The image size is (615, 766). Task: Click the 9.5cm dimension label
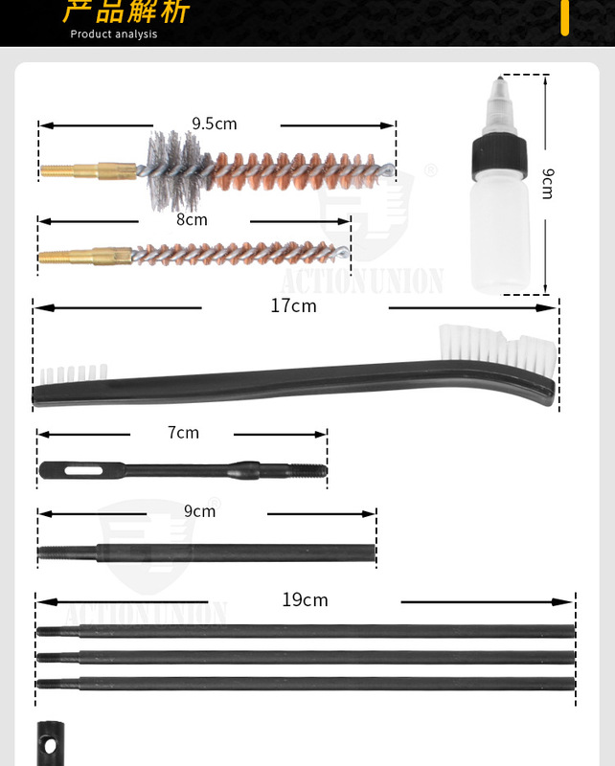click(215, 124)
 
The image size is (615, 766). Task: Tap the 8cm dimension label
click(193, 220)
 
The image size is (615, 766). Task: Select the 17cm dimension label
click(294, 305)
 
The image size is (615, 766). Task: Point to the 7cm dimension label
click(183, 433)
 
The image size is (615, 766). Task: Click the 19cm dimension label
click(305, 600)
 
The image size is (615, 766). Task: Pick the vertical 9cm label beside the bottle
click(549, 184)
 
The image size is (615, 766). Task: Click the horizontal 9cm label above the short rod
click(199, 511)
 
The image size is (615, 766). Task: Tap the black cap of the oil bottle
click(499, 156)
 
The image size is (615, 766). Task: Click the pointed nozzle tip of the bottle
click(500, 77)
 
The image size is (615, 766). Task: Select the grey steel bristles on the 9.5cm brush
click(173, 170)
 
